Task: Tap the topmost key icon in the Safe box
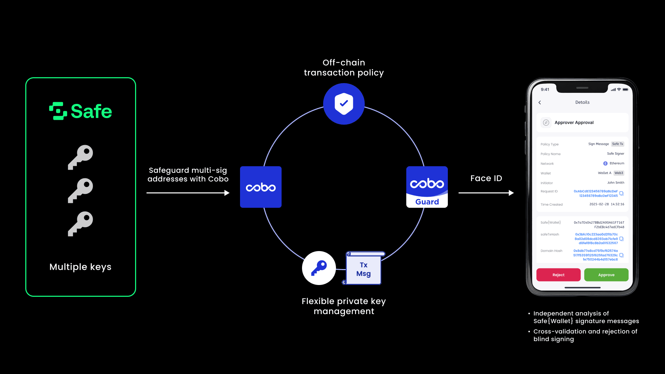pyautogui.click(x=80, y=157)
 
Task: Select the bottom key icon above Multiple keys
pyautogui.click(x=80, y=224)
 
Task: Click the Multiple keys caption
pyautogui.click(x=80, y=267)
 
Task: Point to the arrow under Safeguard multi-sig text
pyautogui.click(x=188, y=193)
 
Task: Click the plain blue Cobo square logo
pyautogui.click(x=260, y=187)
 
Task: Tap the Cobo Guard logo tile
pyautogui.click(x=427, y=187)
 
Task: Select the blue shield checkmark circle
pyautogui.click(x=344, y=104)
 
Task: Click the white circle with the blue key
pyautogui.click(x=319, y=268)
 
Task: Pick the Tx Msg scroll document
pyautogui.click(x=364, y=269)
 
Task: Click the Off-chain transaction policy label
pyautogui.click(x=344, y=68)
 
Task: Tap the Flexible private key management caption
pyautogui.click(x=344, y=306)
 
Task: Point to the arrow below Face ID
pyautogui.click(x=486, y=193)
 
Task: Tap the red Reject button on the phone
pyautogui.click(x=558, y=275)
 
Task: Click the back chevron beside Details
pyautogui.click(x=540, y=103)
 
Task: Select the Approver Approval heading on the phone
pyautogui.click(x=574, y=123)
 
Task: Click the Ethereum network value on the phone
pyautogui.click(x=617, y=163)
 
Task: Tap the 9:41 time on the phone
pyautogui.click(x=545, y=89)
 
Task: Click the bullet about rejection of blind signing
pyautogui.click(x=585, y=335)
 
